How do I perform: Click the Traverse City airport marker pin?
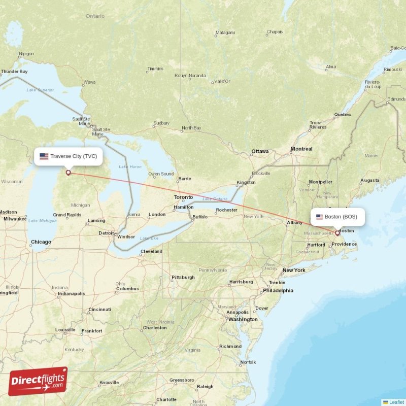68,173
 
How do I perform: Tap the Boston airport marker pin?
337,233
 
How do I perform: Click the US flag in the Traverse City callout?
44,156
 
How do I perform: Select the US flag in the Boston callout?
319,217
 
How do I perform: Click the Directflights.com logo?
38,381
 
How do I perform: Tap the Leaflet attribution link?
396,402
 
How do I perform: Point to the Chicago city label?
41,242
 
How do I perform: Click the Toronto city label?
183,197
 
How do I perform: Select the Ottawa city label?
260,151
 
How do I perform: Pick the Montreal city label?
301,149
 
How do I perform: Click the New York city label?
294,270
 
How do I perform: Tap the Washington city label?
243,319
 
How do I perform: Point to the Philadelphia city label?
278,291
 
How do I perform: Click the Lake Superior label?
40,90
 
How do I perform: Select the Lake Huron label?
130,166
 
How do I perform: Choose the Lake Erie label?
149,238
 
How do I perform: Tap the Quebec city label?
342,114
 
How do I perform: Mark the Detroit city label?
107,233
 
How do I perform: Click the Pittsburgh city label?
183,277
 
